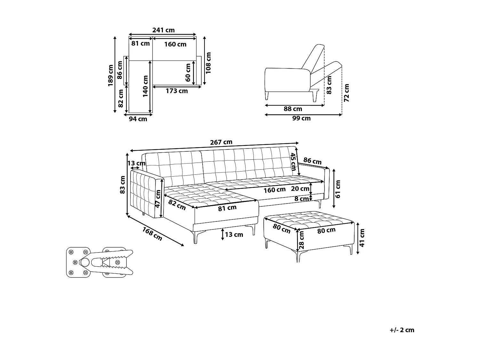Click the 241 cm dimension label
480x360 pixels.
point(163,30)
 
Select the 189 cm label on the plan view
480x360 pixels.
point(111,76)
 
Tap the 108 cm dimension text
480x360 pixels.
point(209,63)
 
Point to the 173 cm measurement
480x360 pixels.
point(177,91)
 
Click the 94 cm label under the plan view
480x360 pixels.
point(138,119)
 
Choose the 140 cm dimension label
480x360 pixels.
point(146,86)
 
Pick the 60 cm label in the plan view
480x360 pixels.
point(188,72)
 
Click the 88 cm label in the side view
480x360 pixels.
point(293,109)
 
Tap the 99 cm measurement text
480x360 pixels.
point(301,118)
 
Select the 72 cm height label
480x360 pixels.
point(347,93)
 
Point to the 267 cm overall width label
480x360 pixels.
point(221,142)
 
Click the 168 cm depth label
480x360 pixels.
point(152,234)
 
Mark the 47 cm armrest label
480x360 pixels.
point(158,199)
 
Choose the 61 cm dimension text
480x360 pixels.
point(338,189)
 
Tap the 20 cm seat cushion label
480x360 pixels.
point(300,189)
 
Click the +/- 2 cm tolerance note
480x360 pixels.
point(402,330)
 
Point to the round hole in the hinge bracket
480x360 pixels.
point(85,262)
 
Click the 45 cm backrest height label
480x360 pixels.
point(293,162)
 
